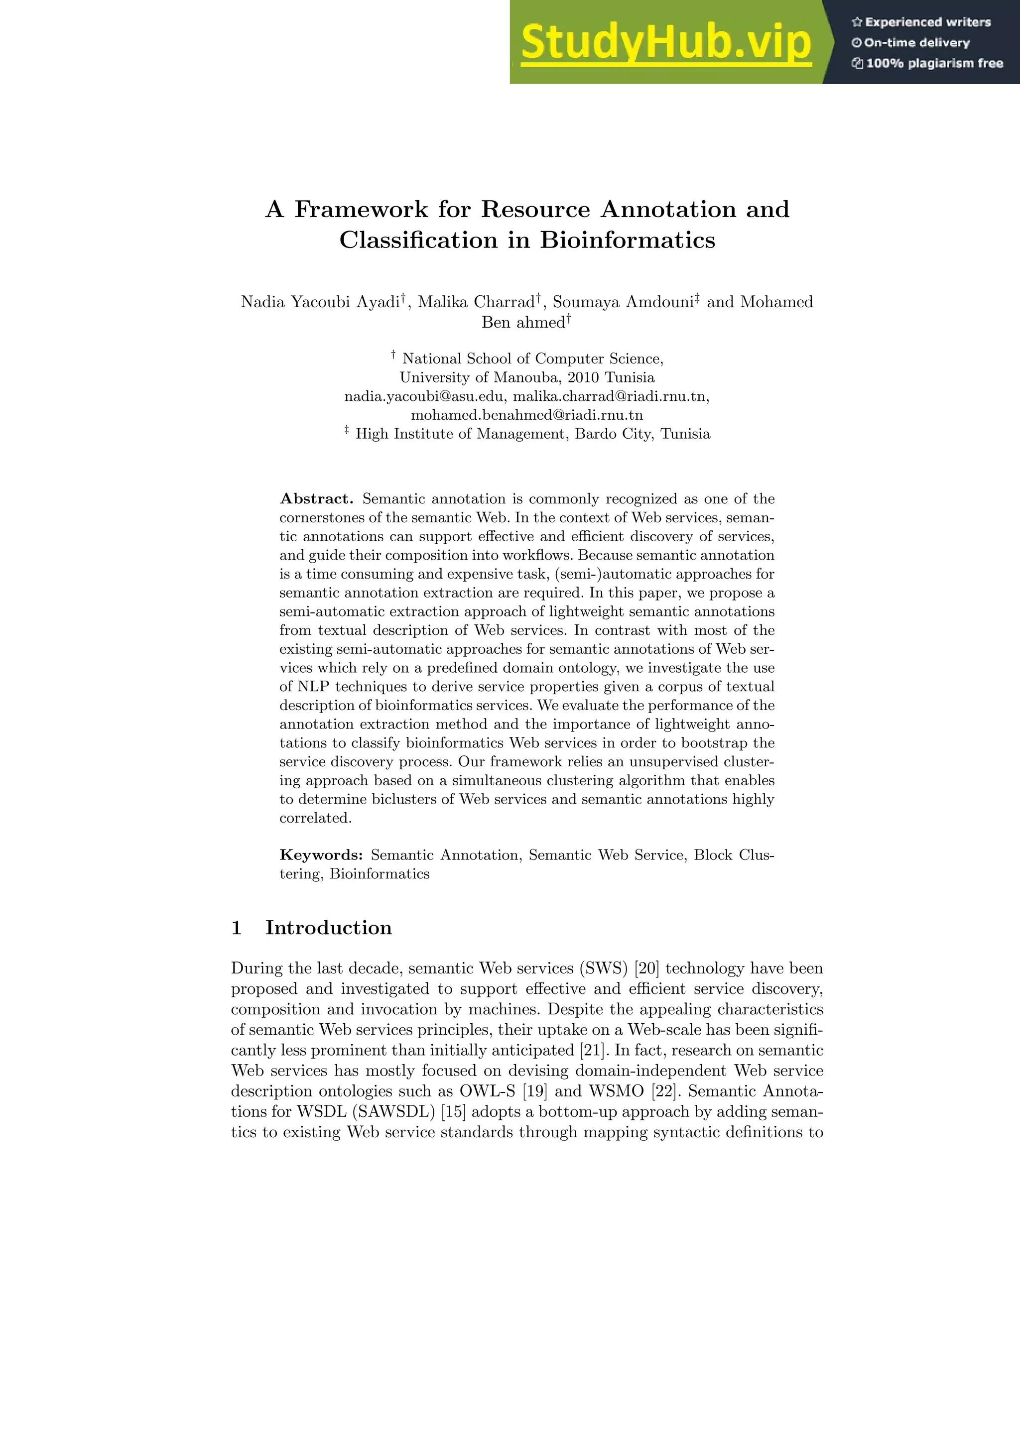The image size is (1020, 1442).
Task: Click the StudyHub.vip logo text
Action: (x=666, y=43)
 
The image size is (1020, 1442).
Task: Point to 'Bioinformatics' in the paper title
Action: (x=627, y=240)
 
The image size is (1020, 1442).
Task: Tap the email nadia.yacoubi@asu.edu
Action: (x=425, y=396)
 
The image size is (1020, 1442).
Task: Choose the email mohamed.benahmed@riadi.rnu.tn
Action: (x=526, y=415)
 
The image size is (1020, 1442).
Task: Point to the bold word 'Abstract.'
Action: (x=317, y=498)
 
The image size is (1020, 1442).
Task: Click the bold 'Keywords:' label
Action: (x=321, y=855)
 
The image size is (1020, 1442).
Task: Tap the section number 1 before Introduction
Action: (x=237, y=928)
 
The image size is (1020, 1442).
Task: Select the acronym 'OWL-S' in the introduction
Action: (x=488, y=1091)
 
